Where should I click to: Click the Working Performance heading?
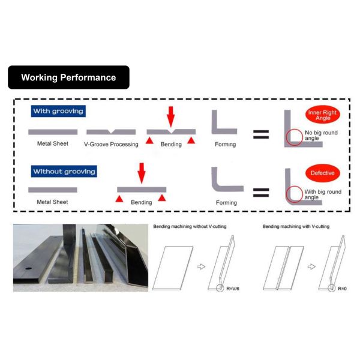pos(68,77)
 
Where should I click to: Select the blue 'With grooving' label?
pos(58,112)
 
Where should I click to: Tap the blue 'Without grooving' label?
pos(64,172)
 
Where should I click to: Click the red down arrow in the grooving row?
pos(171,116)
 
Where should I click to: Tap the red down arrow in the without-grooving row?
pos(142,172)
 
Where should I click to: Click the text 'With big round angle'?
pos(323,195)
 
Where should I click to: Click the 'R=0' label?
pos(341,288)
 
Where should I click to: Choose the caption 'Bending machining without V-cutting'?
pos(190,226)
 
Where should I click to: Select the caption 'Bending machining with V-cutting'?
pos(296,226)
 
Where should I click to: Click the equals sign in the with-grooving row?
pos(261,134)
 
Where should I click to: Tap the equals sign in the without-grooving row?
pos(261,193)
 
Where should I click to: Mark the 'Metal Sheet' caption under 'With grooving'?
pos(53,144)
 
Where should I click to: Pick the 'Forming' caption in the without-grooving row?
pos(227,203)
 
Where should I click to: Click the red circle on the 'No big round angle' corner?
pos(294,137)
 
